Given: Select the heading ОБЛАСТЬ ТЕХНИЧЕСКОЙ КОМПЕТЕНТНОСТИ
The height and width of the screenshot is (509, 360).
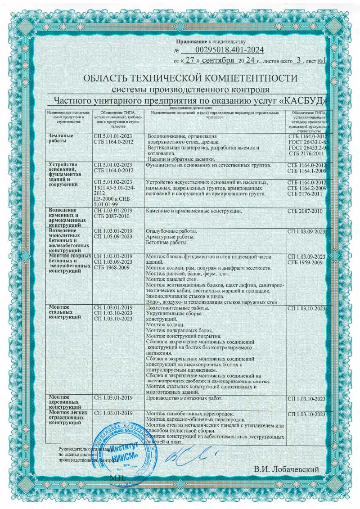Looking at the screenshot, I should (190, 78).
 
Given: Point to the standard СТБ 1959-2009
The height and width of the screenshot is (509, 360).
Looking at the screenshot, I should (306, 262).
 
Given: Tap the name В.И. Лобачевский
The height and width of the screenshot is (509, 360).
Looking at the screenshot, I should (286, 469).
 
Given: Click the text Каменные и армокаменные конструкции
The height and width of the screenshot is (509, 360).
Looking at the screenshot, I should (195, 211).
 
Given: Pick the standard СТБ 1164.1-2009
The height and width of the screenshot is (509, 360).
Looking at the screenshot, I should (306, 171).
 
